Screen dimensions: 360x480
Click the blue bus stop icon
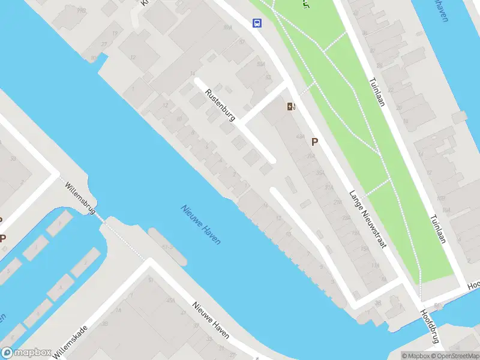257,23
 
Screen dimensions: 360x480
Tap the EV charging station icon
291,107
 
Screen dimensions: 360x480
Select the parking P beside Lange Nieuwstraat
314,142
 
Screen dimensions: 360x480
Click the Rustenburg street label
219,105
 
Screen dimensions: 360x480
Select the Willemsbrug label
80,198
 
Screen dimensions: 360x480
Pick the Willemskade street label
71,342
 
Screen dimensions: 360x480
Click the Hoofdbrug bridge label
430,326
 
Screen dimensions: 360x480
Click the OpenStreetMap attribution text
454,356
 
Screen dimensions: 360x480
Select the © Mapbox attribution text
416,356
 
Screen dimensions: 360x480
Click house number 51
151,280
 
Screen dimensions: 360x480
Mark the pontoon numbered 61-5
168,247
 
